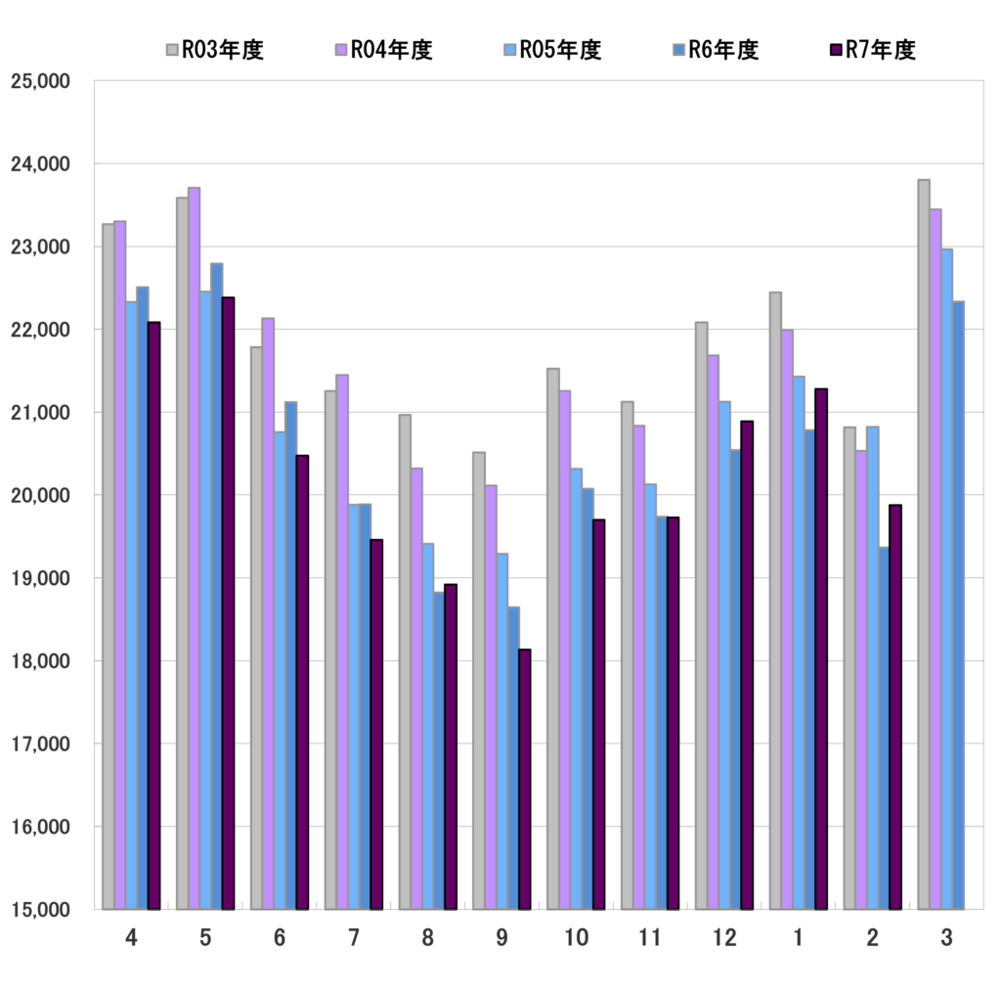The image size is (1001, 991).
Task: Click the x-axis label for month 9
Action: (501, 938)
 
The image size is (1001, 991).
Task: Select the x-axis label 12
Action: (723, 938)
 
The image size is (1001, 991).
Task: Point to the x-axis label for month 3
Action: (946, 938)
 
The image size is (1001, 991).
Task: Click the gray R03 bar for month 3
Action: (924, 544)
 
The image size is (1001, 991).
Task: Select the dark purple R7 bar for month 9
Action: (525, 779)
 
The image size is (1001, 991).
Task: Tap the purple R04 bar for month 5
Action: (195, 548)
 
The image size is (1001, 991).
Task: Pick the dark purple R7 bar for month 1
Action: (821, 649)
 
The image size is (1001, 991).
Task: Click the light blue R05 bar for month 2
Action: (872, 667)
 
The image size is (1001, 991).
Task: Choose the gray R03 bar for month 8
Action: (405, 661)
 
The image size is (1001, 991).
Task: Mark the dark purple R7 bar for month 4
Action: (153, 615)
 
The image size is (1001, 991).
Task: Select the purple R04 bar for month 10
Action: (565, 650)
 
